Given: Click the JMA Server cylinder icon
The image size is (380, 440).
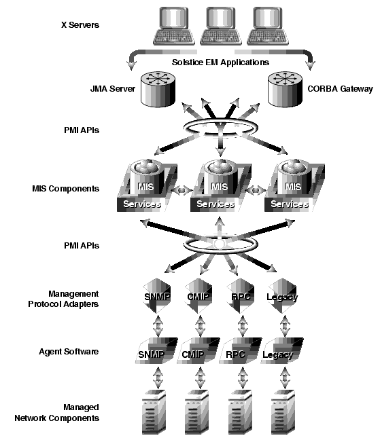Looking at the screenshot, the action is [158, 89].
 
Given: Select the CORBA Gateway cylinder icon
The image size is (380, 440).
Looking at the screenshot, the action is [285, 89].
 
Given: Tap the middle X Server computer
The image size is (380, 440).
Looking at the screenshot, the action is [220, 26].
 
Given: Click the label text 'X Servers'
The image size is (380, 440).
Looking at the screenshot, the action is [80, 25].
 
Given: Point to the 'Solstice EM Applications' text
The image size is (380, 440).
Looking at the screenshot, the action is [220, 62].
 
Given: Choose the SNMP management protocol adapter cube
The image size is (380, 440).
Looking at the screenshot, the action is [157, 296].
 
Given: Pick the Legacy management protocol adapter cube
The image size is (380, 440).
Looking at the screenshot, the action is [282, 296].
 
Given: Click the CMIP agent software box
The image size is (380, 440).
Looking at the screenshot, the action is [198, 351].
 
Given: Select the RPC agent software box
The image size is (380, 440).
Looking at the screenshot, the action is [241, 351].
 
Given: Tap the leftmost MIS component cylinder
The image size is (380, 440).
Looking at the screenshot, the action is [146, 177].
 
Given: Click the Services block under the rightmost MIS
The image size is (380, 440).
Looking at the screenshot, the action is [290, 204].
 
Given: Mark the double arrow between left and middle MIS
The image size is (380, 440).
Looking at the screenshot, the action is [182, 190].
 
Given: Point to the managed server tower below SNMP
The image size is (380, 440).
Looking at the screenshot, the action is [154, 411].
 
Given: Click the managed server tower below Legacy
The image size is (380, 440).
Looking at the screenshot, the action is [283, 411].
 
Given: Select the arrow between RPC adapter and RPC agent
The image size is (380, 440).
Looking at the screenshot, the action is [243, 326].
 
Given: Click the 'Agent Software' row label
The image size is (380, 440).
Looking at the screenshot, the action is [69, 352].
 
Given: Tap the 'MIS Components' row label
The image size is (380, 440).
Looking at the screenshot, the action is [66, 189].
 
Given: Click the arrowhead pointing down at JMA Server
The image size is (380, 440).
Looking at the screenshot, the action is [131, 66].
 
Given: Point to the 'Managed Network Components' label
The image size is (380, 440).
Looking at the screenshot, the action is [57, 413].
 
